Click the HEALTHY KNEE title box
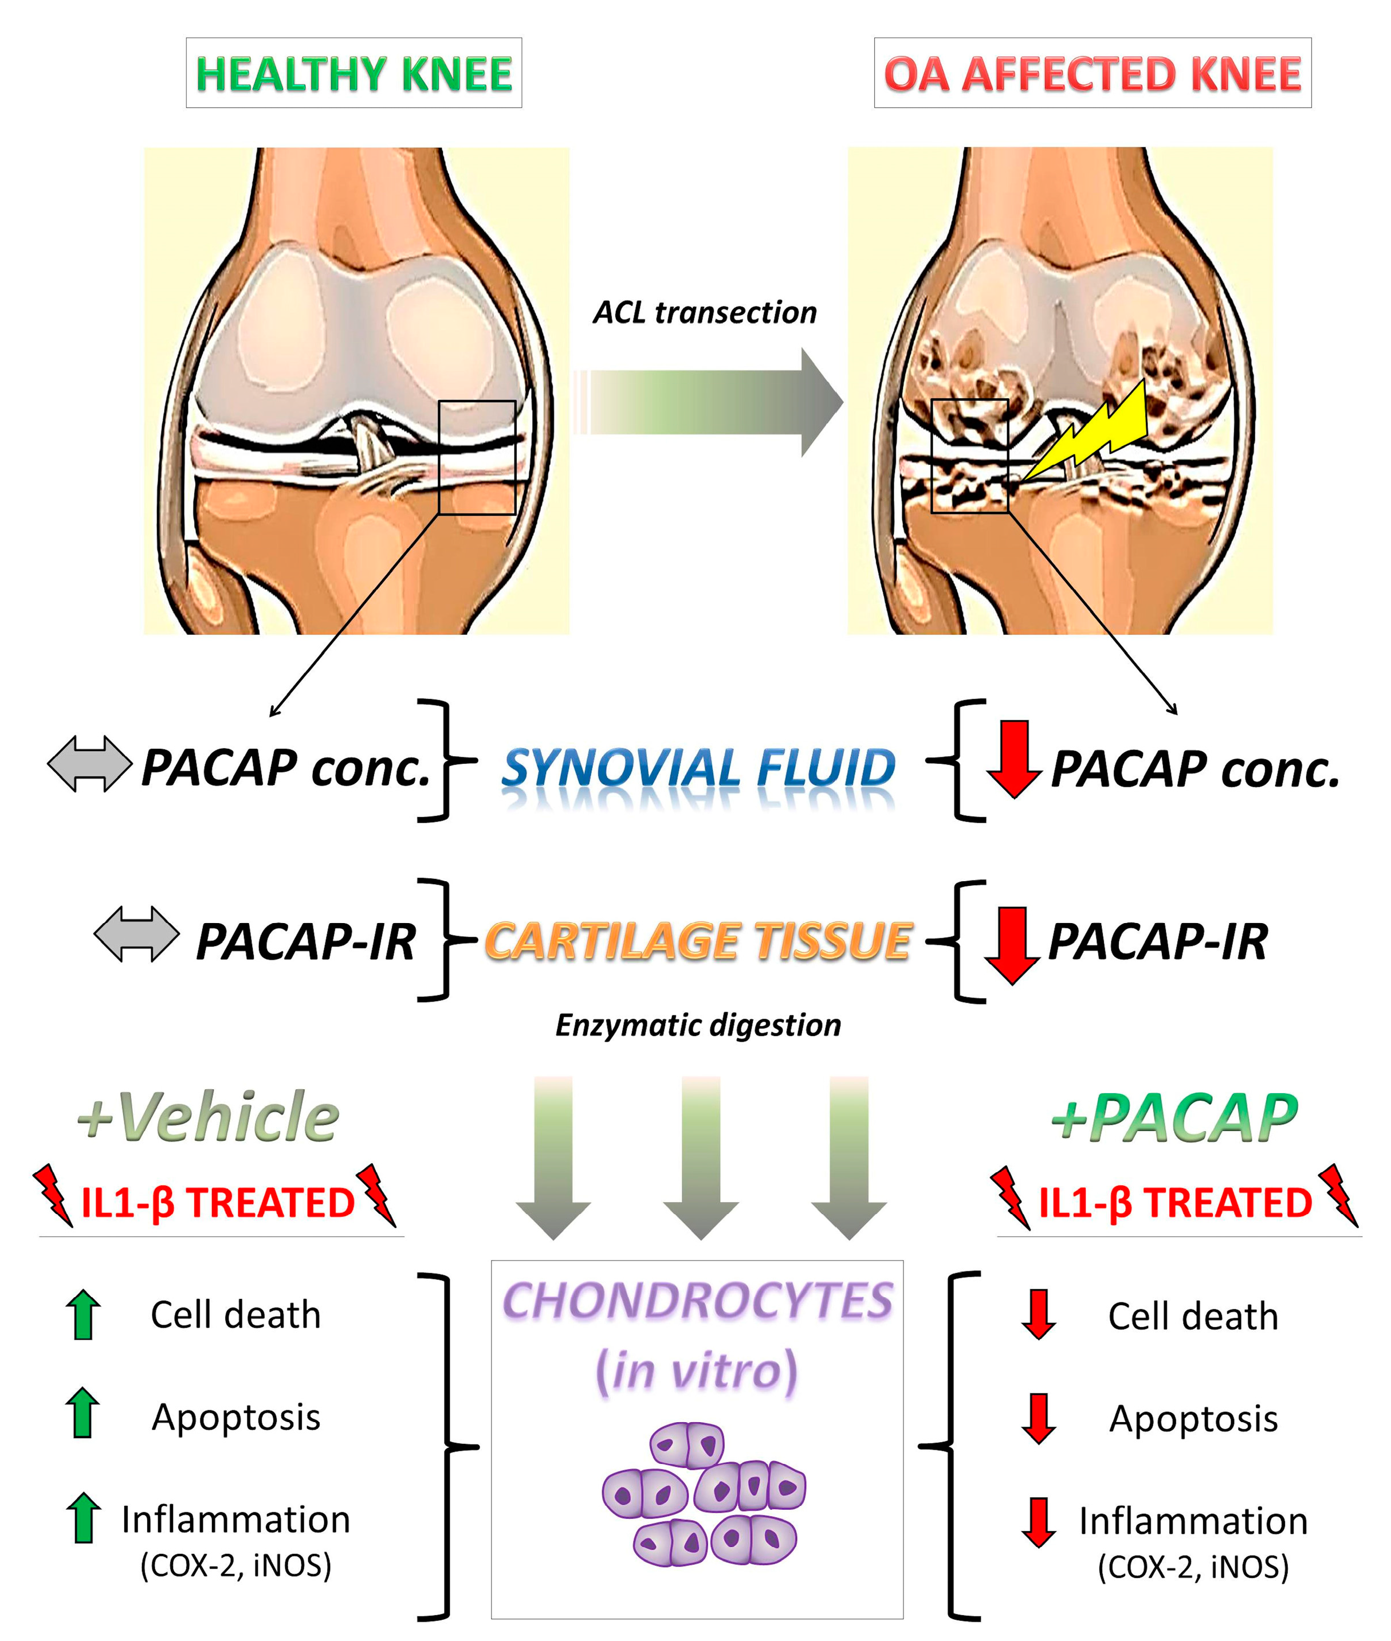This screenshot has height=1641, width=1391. tap(353, 73)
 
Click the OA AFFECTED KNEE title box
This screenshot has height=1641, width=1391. tap(1091, 73)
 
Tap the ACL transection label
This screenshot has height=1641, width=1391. tap(704, 312)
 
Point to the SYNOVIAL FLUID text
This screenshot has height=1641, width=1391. tap(698, 767)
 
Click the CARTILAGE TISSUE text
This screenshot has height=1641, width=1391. tap(698, 941)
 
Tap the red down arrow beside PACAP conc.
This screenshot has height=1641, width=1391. tap(1014, 759)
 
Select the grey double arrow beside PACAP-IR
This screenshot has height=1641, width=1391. tap(136, 933)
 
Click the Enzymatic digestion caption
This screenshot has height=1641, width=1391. tap(698, 1025)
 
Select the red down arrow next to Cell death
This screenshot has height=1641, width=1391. tap(1039, 1314)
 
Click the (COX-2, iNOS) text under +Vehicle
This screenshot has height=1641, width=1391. tap(236, 1565)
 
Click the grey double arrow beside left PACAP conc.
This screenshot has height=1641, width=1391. tap(89, 763)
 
